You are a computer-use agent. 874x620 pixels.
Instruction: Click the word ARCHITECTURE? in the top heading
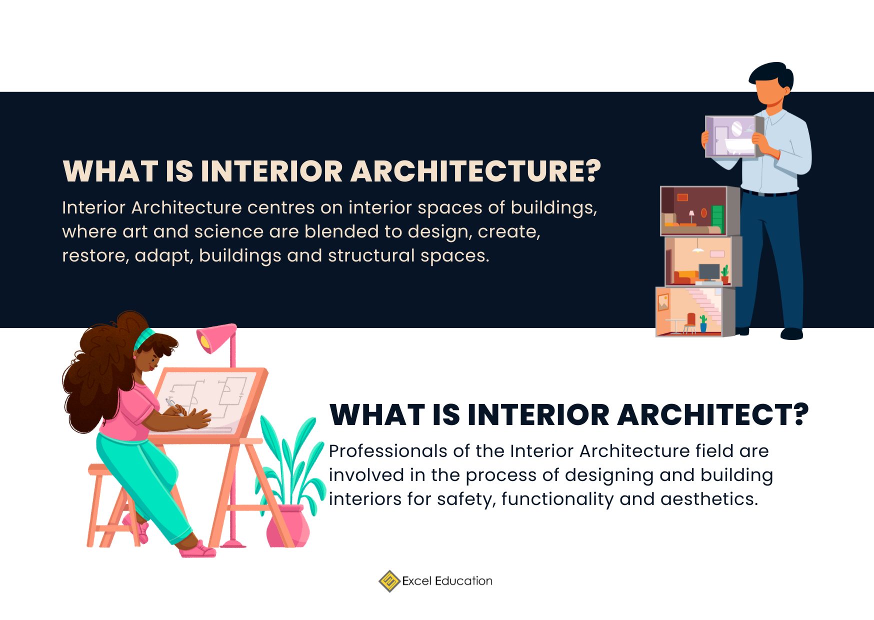click(x=475, y=171)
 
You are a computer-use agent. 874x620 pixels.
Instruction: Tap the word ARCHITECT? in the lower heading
click(x=713, y=415)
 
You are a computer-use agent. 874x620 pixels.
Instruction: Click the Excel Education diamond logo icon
click(x=389, y=581)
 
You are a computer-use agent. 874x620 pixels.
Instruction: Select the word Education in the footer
click(x=463, y=581)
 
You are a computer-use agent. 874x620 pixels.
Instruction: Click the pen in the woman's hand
click(x=173, y=405)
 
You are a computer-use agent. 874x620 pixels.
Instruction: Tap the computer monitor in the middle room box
click(x=709, y=271)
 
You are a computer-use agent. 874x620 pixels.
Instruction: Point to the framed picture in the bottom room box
click(x=663, y=301)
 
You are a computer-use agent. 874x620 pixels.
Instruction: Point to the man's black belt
click(x=769, y=192)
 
